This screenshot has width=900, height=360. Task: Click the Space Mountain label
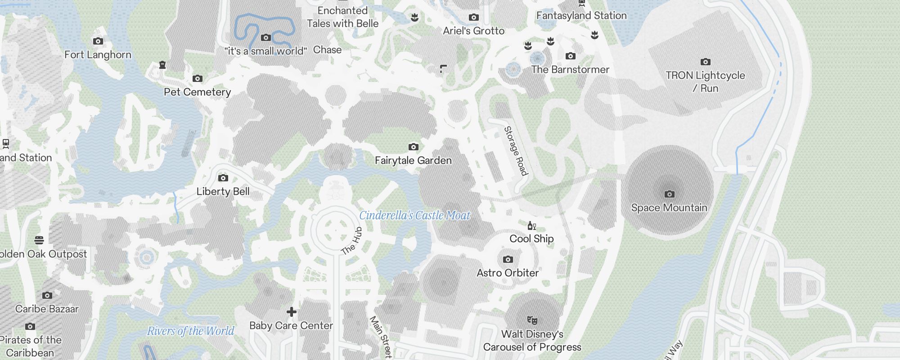(669, 208)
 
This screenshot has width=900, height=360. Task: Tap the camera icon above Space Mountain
(670, 194)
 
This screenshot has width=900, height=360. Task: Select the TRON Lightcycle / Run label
(705, 81)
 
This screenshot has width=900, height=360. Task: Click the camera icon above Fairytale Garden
(413, 147)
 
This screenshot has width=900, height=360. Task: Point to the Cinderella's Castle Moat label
(414, 216)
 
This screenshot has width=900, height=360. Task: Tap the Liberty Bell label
(223, 191)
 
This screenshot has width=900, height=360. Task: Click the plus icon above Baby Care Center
(292, 311)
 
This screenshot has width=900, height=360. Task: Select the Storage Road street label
(516, 151)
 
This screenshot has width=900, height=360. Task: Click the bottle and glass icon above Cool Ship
(531, 225)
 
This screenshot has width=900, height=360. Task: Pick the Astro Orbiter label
(508, 273)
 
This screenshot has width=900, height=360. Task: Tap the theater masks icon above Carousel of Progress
(532, 320)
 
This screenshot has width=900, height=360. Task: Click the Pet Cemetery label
(197, 92)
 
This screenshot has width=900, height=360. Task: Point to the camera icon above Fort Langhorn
(98, 41)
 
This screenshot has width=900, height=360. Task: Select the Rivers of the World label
(191, 331)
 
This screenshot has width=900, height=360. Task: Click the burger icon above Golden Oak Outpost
(39, 240)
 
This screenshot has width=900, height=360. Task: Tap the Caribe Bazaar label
(47, 309)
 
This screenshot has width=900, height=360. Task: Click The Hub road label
(351, 242)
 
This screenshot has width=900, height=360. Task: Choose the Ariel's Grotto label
(473, 31)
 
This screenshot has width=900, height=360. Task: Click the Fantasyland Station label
(581, 15)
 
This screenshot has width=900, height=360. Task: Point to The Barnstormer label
(570, 69)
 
